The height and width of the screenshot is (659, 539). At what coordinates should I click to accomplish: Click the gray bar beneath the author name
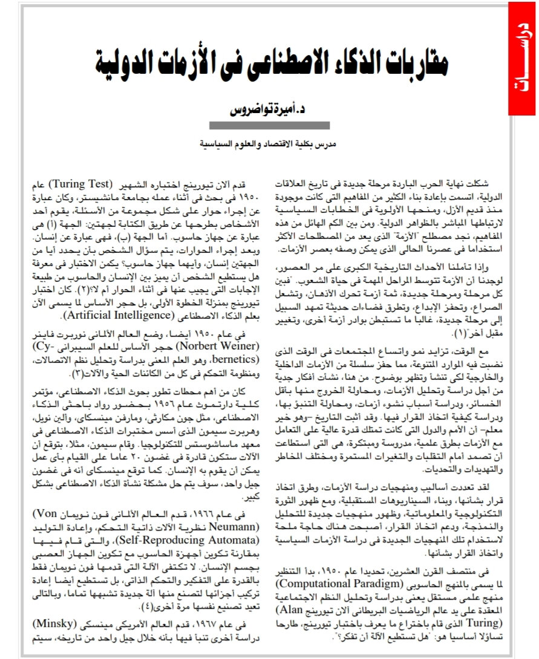269,126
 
